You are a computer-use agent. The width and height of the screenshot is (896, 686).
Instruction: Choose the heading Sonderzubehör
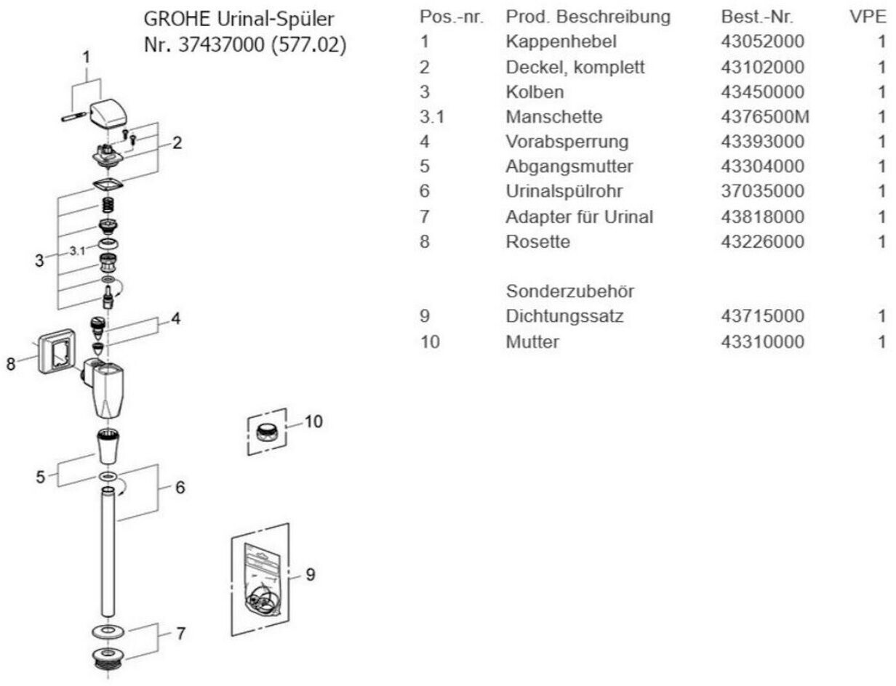point(569,291)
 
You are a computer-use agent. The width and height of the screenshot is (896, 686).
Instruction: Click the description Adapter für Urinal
point(579,217)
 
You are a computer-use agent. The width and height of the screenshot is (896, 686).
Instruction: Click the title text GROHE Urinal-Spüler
point(241,17)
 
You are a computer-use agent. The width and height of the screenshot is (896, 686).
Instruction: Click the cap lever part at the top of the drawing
point(111,113)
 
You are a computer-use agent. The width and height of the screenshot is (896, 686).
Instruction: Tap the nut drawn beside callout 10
point(267,432)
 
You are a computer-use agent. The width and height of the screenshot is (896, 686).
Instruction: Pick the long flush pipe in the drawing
point(108,552)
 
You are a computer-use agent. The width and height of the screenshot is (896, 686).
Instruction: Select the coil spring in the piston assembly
point(108,206)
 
